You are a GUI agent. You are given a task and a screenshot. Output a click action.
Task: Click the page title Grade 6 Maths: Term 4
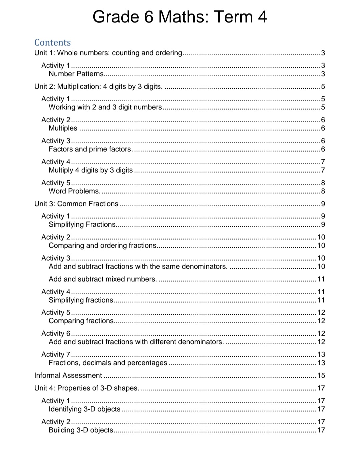tap(180, 17)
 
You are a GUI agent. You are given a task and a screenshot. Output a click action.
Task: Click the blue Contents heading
tap(52, 42)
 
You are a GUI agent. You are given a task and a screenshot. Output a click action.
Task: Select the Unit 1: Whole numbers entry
tap(108, 53)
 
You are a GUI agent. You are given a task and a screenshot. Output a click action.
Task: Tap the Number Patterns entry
tap(76, 74)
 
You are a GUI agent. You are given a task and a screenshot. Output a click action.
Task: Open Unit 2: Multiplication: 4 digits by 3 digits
tap(98, 86)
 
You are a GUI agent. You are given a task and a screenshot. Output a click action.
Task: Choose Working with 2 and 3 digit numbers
tap(105, 107)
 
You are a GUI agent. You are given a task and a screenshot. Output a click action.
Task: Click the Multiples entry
tap(63, 128)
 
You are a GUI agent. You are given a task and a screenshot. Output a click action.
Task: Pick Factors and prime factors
tap(90, 149)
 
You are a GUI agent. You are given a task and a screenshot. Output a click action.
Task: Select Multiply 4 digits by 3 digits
tap(91, 170)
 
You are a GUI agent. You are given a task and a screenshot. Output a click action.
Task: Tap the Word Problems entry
tap(74, 191)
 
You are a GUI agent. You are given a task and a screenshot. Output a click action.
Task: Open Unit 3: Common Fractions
tap(76, 204)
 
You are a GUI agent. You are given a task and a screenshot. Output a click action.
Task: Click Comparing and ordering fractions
tap(103, 245)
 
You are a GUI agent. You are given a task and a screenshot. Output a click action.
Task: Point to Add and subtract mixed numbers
tap(103, 279)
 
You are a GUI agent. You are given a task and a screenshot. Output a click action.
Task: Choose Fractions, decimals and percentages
tap(108, 363)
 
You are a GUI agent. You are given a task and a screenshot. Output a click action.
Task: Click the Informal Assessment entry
tap(68, 375)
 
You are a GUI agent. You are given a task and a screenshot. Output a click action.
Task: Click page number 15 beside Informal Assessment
tap(321, 375)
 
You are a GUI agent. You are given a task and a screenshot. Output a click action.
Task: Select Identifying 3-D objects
tap(84, 409)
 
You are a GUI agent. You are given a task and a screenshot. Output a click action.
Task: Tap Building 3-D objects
tap(81, 430)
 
